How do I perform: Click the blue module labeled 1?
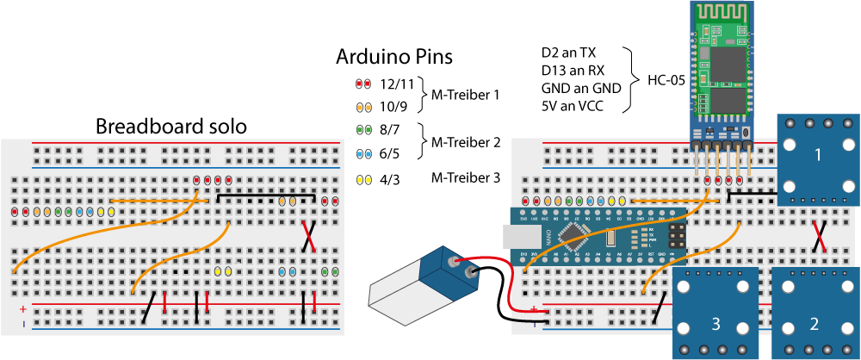click(x=817, y=159)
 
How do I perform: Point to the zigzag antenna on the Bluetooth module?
click(x=722, y=13)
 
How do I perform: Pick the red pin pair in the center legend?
click(x=363, y=84)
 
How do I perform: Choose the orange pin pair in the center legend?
click(x=363, y=108)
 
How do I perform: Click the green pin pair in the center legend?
click(x=363, y=130)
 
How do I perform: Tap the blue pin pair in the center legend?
click(x=363, y=154)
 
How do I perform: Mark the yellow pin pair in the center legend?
click(x=363, y=180)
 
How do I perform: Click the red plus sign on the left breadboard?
click(x=23, y=308)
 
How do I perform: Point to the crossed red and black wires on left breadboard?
click(x=308, y=236)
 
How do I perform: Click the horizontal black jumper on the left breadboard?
click(x=266, y=195)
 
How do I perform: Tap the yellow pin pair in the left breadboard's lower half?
click(x=222, y=271)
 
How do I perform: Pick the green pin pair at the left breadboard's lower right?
click(x=330, y=271)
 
